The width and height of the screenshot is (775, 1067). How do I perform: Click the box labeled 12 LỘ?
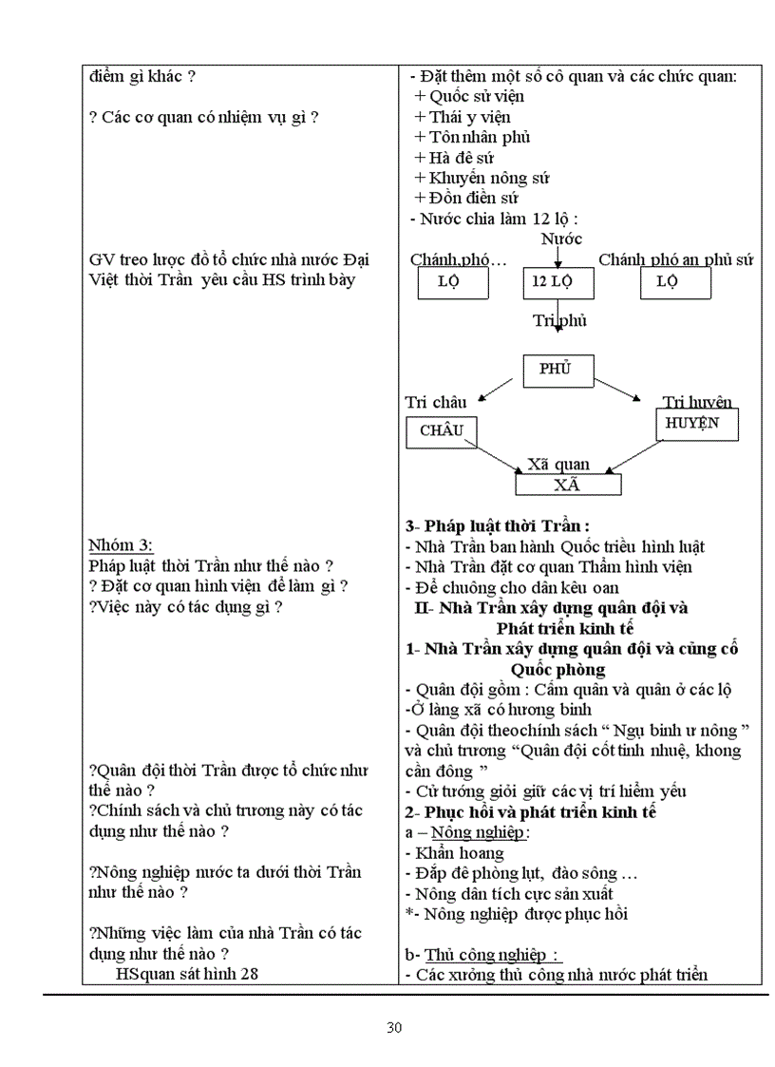[558, 282]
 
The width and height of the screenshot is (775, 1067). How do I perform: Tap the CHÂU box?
[442, 430]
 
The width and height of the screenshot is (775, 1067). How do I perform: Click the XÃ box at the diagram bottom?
[568, 484]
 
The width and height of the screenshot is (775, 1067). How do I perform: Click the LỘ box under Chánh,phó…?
[453, 282]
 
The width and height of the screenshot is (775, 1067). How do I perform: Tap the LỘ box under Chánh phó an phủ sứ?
[671, 282]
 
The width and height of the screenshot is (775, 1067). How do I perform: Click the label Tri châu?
[436, 403]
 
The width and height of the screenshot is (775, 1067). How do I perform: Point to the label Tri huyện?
[697, 403]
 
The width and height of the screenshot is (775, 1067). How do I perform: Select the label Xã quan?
[558, 465]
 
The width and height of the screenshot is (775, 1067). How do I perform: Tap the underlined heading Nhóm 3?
[121, 545]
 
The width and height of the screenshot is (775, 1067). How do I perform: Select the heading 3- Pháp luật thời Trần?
[498, 525]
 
